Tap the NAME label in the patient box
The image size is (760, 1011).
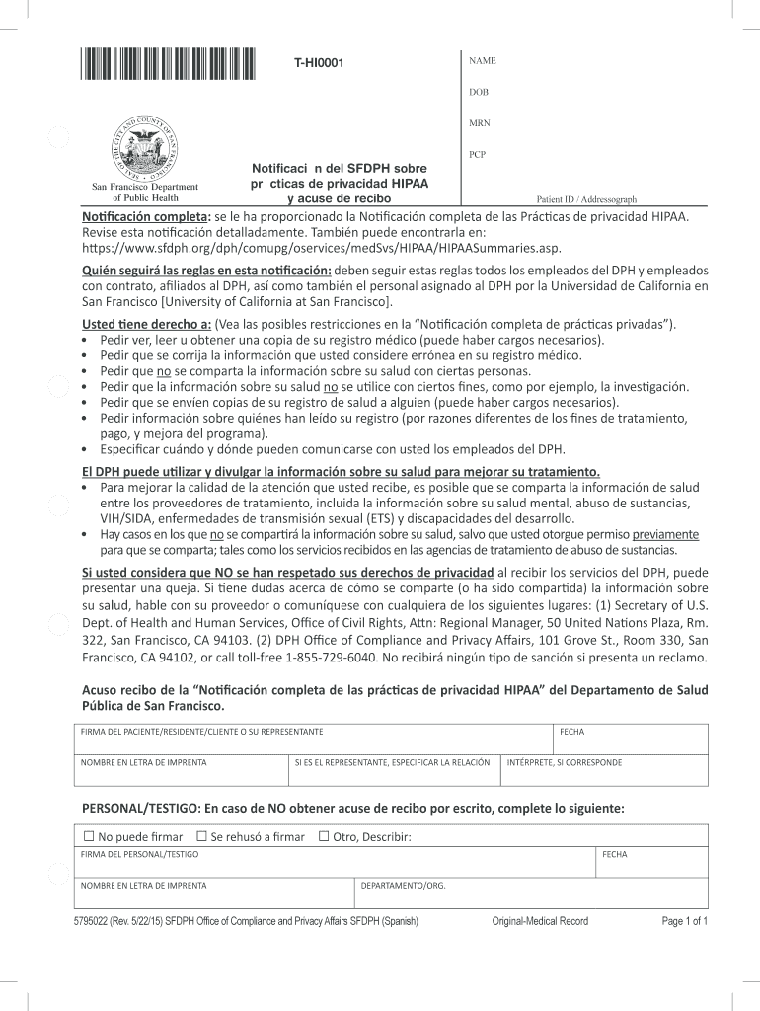pos(482,61)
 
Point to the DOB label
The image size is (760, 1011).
pos(479,92)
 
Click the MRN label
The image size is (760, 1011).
pos(480,123)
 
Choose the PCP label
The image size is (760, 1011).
pos(479,155)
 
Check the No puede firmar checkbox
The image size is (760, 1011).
pos(89,837)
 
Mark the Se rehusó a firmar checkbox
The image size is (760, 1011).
pos(201,837)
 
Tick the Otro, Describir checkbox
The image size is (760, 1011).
pos(323,837)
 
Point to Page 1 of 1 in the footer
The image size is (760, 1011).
pos(685,921)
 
